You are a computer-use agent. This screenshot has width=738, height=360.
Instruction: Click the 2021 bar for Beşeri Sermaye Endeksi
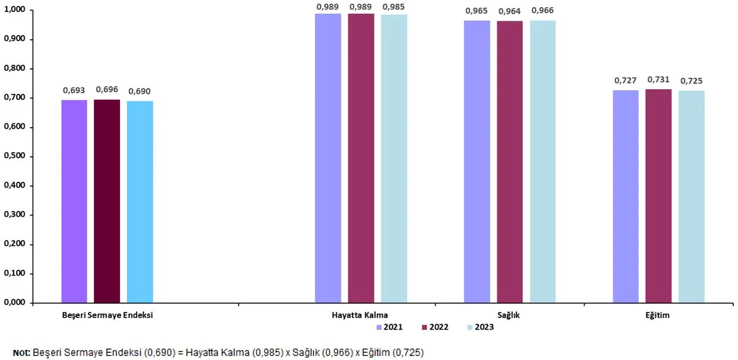[74, 201]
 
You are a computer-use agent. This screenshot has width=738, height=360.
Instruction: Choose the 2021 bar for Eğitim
[626, 196]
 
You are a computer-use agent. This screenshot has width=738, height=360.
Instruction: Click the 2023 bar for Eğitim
[691, 197]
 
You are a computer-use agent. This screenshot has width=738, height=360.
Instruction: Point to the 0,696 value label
[107, 91]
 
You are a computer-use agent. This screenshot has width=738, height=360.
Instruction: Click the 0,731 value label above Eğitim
[658, 80]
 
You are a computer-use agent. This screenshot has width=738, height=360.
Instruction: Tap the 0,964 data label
[509, 11]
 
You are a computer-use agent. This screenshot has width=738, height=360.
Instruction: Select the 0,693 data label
[74, 91]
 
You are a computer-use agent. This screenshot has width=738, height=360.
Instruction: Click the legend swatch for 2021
[379, 327]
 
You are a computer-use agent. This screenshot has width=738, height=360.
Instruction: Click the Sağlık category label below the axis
[509, 315]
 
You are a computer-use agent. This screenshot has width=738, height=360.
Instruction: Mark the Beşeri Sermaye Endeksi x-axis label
[107, 315]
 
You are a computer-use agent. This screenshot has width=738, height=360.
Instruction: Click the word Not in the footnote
[21, 353]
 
